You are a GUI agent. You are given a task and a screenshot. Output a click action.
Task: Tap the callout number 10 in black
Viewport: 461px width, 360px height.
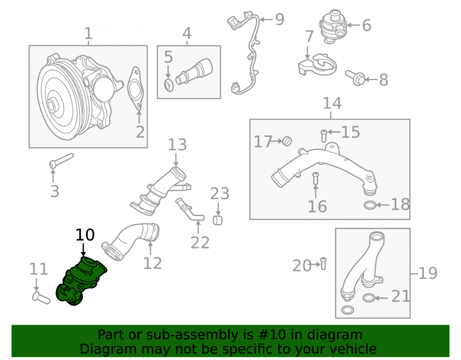[x=85, y=235]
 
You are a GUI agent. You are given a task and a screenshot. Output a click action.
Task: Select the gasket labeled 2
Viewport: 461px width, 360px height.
[x=135, y=89]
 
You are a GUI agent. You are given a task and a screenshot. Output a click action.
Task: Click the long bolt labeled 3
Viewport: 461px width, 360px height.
[x=61, y=161]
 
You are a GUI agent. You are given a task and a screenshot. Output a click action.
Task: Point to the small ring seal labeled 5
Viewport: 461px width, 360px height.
[x=169, y=85]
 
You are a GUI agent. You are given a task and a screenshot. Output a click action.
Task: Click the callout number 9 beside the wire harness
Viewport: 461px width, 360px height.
[x=280, y=19]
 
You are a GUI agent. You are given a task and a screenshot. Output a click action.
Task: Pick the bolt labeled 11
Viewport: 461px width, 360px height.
[x=41, y=297]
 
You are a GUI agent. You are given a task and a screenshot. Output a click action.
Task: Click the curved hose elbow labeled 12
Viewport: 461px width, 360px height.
[x=130, y=241]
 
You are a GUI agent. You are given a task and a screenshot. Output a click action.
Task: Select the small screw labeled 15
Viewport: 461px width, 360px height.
[x=324, y=136]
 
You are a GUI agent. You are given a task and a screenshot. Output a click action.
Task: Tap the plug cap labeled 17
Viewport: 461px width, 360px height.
[x=287, y=142]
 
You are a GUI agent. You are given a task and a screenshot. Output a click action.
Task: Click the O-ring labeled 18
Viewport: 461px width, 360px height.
[x=370, y=205]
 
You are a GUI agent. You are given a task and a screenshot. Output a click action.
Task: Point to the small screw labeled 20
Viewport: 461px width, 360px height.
[x=323, y=263]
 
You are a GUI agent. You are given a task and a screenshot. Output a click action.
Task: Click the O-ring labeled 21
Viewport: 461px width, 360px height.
[x=368, y=298]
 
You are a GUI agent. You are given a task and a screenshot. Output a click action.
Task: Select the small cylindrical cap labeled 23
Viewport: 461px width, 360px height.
[x=218, y=220]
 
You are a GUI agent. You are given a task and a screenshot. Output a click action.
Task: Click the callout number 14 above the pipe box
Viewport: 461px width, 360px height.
[x=332, y=103]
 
